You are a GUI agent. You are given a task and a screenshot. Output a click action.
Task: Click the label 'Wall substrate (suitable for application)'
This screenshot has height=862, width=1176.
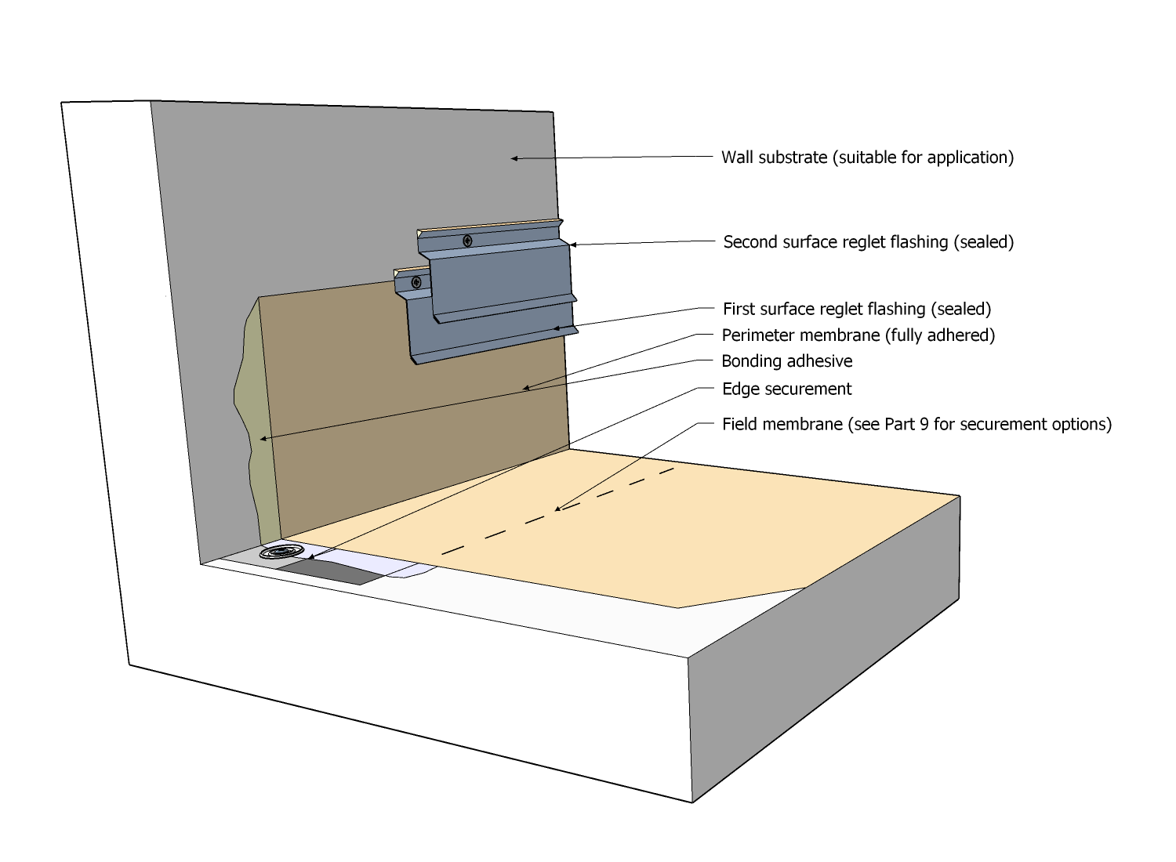[x=867, y=158]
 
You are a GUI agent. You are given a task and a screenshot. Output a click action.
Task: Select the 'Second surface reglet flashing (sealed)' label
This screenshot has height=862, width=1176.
[x=868, y=242]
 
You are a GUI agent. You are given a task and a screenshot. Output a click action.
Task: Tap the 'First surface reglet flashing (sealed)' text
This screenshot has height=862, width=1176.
[x=856, y=309]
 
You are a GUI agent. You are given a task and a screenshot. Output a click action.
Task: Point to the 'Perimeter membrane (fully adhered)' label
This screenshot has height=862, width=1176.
[x=858, y=335]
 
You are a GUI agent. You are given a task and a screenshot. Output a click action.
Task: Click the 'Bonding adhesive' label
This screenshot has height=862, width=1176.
[x=786, y=361]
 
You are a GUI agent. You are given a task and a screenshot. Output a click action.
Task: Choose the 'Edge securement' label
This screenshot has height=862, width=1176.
[x=786, y=389]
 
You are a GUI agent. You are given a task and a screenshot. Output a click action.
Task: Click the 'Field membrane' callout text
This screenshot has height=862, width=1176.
[x=916, y=425]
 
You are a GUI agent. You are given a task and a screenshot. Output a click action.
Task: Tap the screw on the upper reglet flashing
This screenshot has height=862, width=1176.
[x=468, y=241]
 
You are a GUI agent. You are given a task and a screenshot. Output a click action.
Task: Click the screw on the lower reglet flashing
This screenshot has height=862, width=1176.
[x=416, y=282]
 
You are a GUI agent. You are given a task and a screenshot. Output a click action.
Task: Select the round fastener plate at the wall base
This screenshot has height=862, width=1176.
[x=282, y=552]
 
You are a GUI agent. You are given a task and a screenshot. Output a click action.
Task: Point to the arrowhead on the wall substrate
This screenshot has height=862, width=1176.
[x=514, y=158]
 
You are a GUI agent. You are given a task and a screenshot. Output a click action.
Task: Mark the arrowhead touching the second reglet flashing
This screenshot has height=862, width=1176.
[x=573, y=244]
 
